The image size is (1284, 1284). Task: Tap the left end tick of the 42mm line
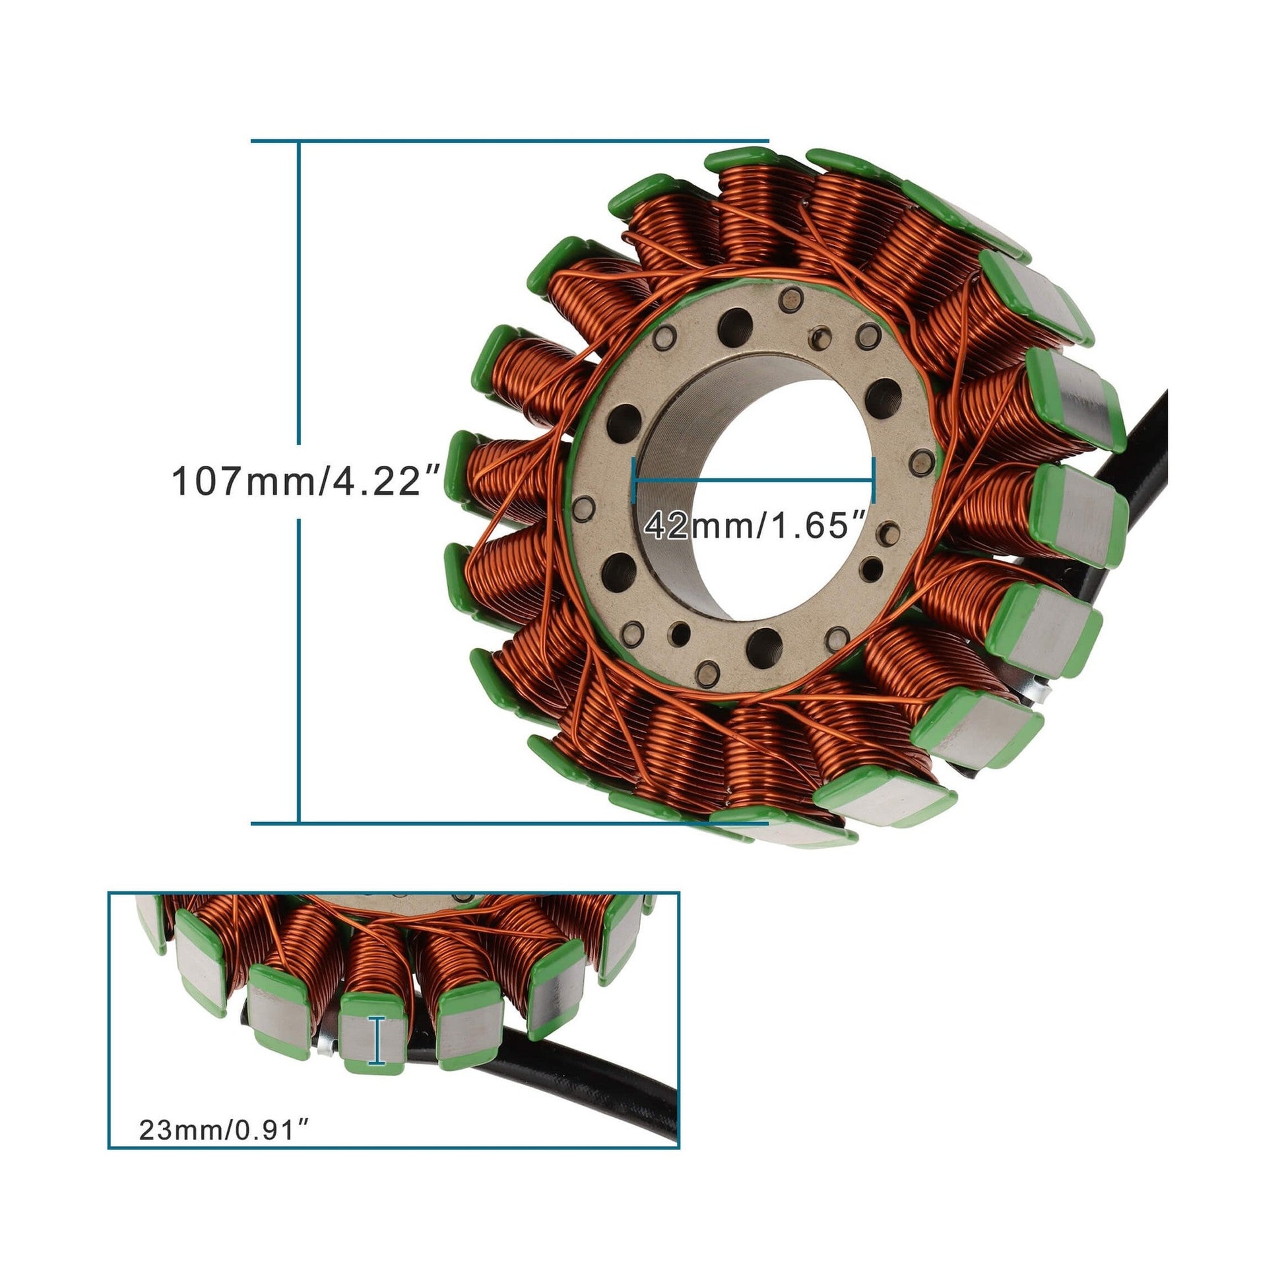[636, 480]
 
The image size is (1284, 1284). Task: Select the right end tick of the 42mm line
[874, 480]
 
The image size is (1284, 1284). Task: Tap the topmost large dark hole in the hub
[734, 327]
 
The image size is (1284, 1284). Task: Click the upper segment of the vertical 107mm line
[299, 292]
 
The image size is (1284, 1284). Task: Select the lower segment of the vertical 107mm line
[299, 671]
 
